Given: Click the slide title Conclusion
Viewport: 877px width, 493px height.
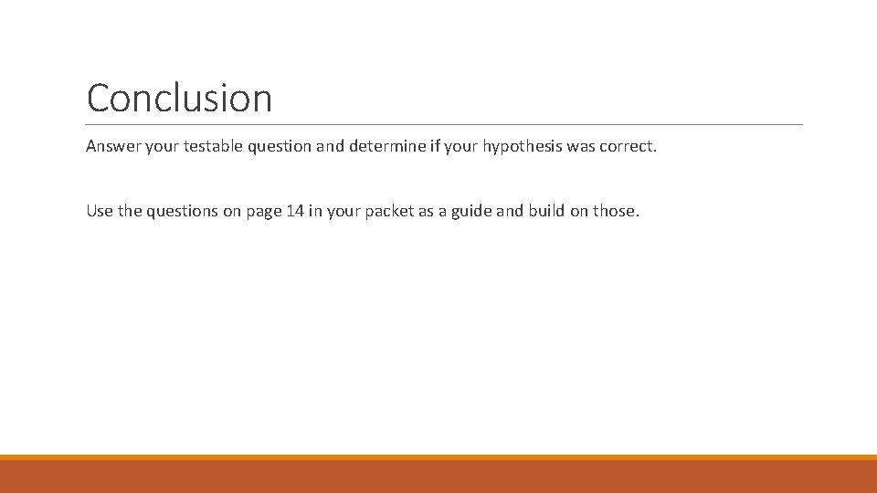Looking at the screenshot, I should pos(179,98).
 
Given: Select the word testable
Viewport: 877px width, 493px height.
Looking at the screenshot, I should pos(209,146).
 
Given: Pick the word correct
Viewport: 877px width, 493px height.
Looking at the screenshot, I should pos(628,146).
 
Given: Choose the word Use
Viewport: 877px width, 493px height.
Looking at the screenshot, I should pos(100,211).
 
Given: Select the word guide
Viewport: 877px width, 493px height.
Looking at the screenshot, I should pos(473,212).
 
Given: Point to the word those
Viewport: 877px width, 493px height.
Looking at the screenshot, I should pos(616,211).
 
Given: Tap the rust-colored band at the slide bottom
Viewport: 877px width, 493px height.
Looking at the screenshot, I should pos(438,477).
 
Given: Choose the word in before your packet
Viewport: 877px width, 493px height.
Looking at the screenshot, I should pos(312,211).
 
